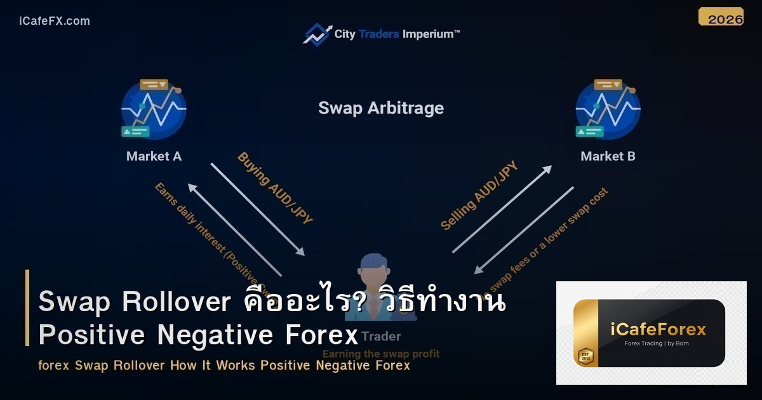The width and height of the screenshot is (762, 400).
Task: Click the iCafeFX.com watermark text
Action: pos(55,21)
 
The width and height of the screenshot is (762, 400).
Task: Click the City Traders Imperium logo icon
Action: pos(317,34)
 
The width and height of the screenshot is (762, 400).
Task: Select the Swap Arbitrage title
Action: pos(381,108)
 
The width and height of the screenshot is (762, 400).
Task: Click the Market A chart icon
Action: pos(153,109)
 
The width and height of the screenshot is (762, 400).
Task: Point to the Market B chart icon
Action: pos(608,109)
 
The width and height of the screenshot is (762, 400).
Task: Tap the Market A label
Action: pos(154,156)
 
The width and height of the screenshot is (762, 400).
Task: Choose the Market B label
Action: pos(608,156)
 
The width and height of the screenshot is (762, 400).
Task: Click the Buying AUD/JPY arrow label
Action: pos(275,188)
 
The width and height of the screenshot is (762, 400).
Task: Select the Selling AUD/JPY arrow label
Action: pos(479,196)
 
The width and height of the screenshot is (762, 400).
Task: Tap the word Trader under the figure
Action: pos(381,336)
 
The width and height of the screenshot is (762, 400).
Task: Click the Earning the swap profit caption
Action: pos(381,354)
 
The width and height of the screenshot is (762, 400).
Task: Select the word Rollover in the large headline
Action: pos(177,302)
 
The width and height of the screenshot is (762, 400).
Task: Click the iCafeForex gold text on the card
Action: pos(657,330)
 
